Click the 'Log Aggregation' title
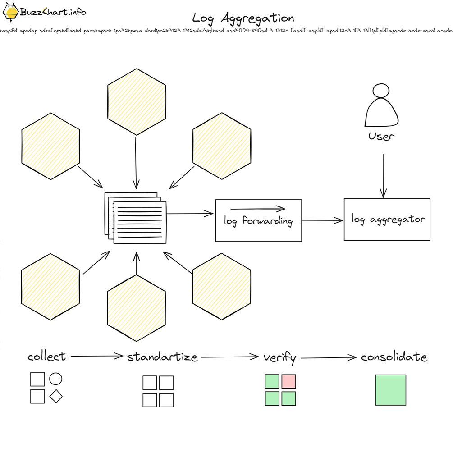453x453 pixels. coord(243,18)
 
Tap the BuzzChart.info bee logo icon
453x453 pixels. coord(10,12)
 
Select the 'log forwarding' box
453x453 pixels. coord(258,220)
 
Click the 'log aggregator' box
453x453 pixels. coord(387,220)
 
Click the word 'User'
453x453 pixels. coord(381,136)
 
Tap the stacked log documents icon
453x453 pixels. coord(136,218)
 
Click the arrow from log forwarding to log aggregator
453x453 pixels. coord(323,220)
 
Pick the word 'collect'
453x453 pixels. coord(46,357)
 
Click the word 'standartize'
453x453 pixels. coord(162,357)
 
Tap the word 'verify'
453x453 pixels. coord(279,358)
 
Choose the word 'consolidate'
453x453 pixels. coord(394,357)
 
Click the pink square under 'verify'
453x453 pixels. coord(288,381)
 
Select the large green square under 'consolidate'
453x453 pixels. coord(390,390)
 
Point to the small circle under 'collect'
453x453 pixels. coord(55,379)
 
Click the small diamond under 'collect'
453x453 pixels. coord(55,396)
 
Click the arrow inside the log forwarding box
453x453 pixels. coord(258,209)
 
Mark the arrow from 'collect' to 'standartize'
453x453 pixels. coord(97,356)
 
